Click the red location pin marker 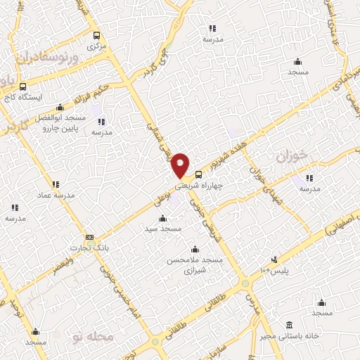[x=180, y=165]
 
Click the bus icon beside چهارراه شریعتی [x=198, y=174]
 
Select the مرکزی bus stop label [x=94, y=46]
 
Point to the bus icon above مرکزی [x=96, y=35]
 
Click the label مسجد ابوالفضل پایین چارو [x=58, y=123]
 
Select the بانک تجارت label [x=86, y=248]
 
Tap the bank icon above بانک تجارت [x=89, y=238]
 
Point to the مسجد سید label [x=163, y=229]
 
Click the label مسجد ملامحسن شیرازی [x=193, y=265]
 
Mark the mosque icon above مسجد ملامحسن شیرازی [x=195, y=250]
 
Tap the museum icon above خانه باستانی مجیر [x=290, y=324]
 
